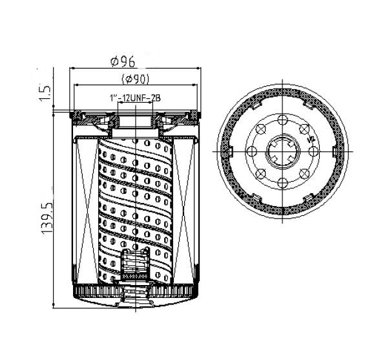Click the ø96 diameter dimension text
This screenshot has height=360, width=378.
coord(123,61)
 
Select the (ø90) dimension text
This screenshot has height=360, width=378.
coord(136,79)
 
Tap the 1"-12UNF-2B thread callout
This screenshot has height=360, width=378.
coord(135,98)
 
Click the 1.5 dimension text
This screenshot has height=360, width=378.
coord(45,93)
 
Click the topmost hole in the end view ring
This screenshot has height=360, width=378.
coord(282,120)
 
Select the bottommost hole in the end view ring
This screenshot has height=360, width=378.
coord(282,183)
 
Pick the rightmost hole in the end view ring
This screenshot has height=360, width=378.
coord(313,151)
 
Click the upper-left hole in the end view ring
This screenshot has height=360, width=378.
coord(260,129)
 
